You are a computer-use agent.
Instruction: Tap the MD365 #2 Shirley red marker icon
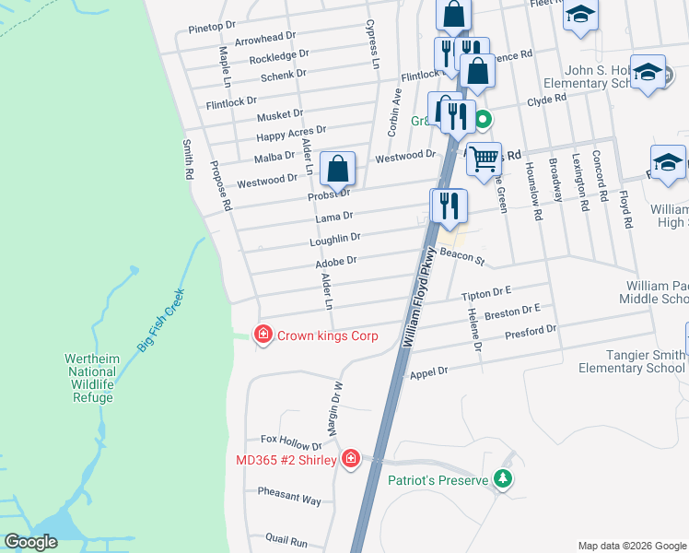click(x=350, y=459)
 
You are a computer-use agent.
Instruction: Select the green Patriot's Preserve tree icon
click(x=502, y=478)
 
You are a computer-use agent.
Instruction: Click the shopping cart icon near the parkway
click(x=484, y=159)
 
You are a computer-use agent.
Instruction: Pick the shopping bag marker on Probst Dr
click(x=338, y=169)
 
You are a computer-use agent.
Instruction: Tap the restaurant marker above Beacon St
click(x=449, y=206)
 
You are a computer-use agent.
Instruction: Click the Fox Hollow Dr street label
click(x=292, y=440)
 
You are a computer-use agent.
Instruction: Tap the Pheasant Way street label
click(x=289, y=499)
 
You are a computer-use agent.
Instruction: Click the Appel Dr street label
click(x=428, y=371)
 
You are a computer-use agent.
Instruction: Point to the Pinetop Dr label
click(x=213, y=29)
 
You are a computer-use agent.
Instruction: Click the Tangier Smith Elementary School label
click(x=632, y=361)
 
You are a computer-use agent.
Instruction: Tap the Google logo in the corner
click(x=31, y=542)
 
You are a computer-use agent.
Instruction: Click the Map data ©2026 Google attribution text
click(x=631, y=546)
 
